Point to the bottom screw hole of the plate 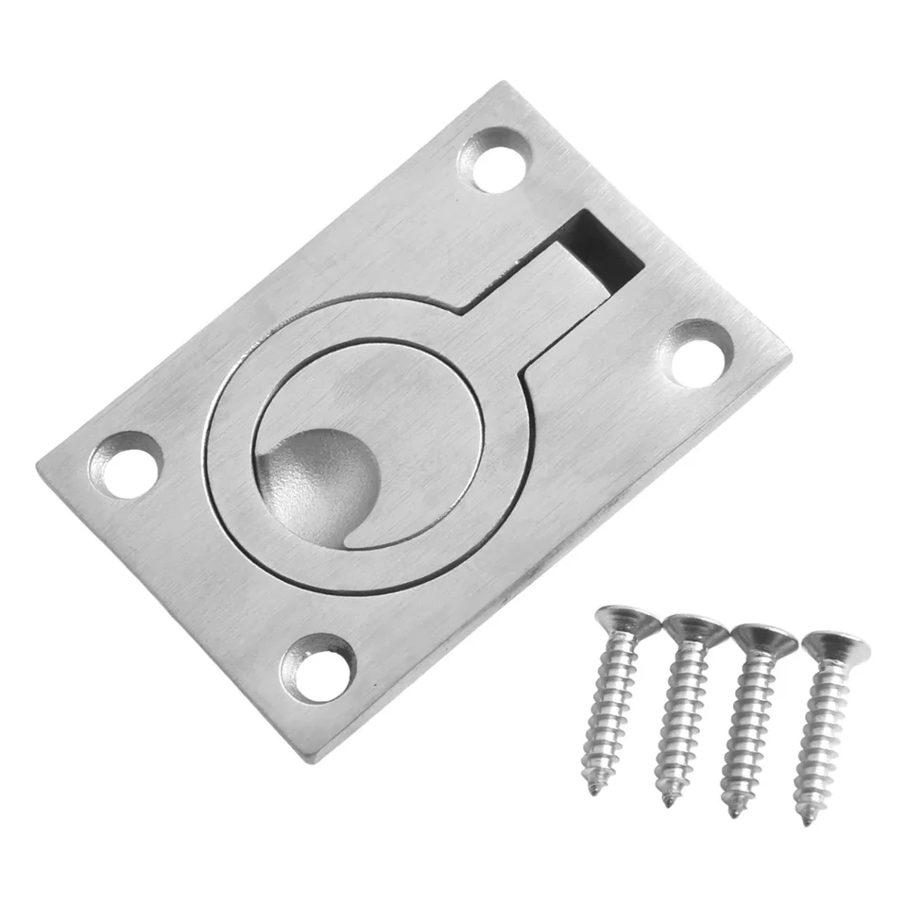319,669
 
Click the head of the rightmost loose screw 835,646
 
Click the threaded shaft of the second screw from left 682,718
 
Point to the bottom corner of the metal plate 317,762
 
